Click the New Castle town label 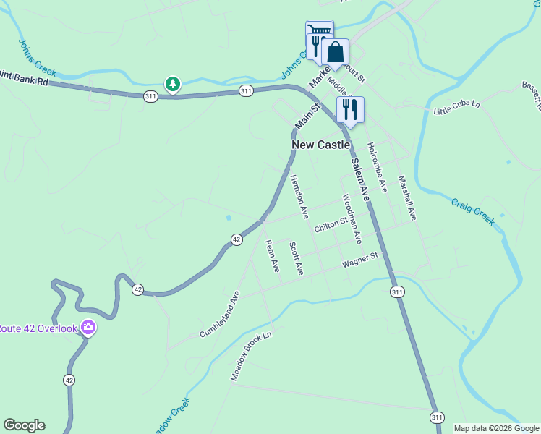(x=321, y=145)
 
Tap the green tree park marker (x=172, y=85)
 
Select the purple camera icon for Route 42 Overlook (x=88, y=328)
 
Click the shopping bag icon (x=336, y=52)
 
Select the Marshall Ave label (x=407, y=198)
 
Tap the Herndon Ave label (x=299, y=197)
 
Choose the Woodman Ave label (x=352, y=218)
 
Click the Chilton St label (x=331, y=226)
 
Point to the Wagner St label (x=360, y=259)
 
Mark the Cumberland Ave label (x=219, y=315)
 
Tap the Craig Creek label (x=474, y=211)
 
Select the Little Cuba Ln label (x=456, y=108)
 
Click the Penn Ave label (x=272, y=256)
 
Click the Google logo (x=24, y=425)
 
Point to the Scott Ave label (x=296, y=258)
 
